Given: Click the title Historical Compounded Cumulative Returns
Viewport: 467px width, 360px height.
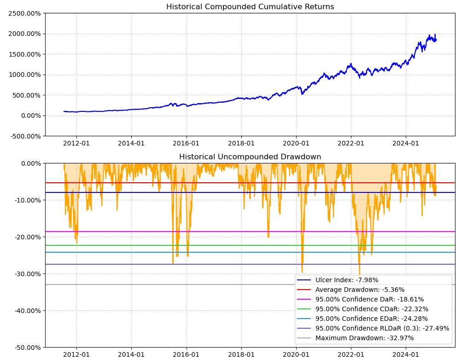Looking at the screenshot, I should [250, 7].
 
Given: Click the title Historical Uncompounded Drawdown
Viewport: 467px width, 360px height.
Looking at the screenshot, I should [250, 157].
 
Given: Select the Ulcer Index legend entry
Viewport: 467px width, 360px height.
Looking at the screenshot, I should [346, 280].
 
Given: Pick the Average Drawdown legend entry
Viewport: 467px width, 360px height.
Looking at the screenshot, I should [360, 290].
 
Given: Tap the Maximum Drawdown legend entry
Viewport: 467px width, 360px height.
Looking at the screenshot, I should [364, 338].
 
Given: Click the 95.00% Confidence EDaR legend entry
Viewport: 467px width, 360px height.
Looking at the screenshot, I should [371, 319].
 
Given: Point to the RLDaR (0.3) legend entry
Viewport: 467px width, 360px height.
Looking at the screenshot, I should [382, 328].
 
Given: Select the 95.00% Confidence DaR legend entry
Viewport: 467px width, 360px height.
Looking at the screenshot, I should [369, 299].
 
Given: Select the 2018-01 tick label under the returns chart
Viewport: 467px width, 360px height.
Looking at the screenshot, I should [241, 144].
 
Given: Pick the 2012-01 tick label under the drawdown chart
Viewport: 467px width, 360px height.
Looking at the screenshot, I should [76, 355].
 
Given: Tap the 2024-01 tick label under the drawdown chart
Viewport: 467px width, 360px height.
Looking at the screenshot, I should [406, 355].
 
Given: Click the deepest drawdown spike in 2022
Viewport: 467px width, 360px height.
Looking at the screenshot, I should [359, 274].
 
